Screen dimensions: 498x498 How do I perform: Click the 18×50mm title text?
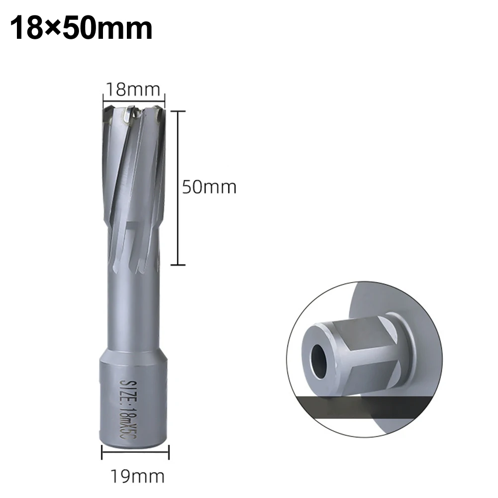[81, 28]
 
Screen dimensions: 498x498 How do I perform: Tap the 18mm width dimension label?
[133, 90]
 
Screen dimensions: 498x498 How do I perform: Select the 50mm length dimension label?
[209, 187]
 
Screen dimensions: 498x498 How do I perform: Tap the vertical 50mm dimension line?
[179, 188]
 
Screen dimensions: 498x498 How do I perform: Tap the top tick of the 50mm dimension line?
[179, 111]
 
